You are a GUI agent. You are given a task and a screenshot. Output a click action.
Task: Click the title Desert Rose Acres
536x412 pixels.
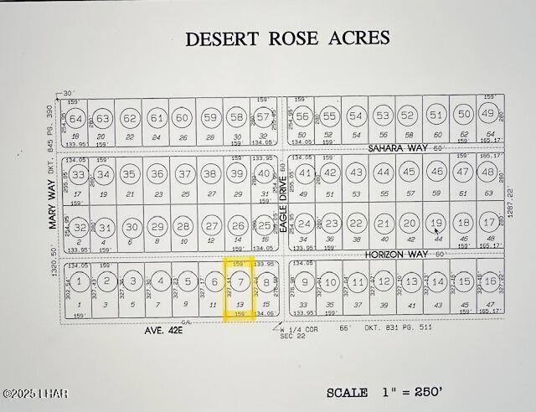click(287, 39)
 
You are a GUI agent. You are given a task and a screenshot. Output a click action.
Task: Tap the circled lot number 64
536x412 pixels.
click(76, 118)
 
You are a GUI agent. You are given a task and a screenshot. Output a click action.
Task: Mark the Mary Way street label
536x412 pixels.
click(52, 209)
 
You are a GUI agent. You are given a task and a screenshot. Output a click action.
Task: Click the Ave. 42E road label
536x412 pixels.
click(165, 330)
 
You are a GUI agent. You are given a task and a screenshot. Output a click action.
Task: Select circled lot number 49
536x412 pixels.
click(488, 114)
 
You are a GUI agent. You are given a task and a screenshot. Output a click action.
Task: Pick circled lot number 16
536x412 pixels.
click(490, 283)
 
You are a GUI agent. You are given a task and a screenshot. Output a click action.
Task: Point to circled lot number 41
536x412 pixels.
click(305, 174)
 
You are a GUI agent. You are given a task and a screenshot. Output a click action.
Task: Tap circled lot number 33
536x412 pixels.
click(79, 175)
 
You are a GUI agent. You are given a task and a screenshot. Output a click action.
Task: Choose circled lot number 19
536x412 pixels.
click(435, 224)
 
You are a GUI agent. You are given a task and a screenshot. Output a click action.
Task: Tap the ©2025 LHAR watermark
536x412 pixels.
click(34, 394)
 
